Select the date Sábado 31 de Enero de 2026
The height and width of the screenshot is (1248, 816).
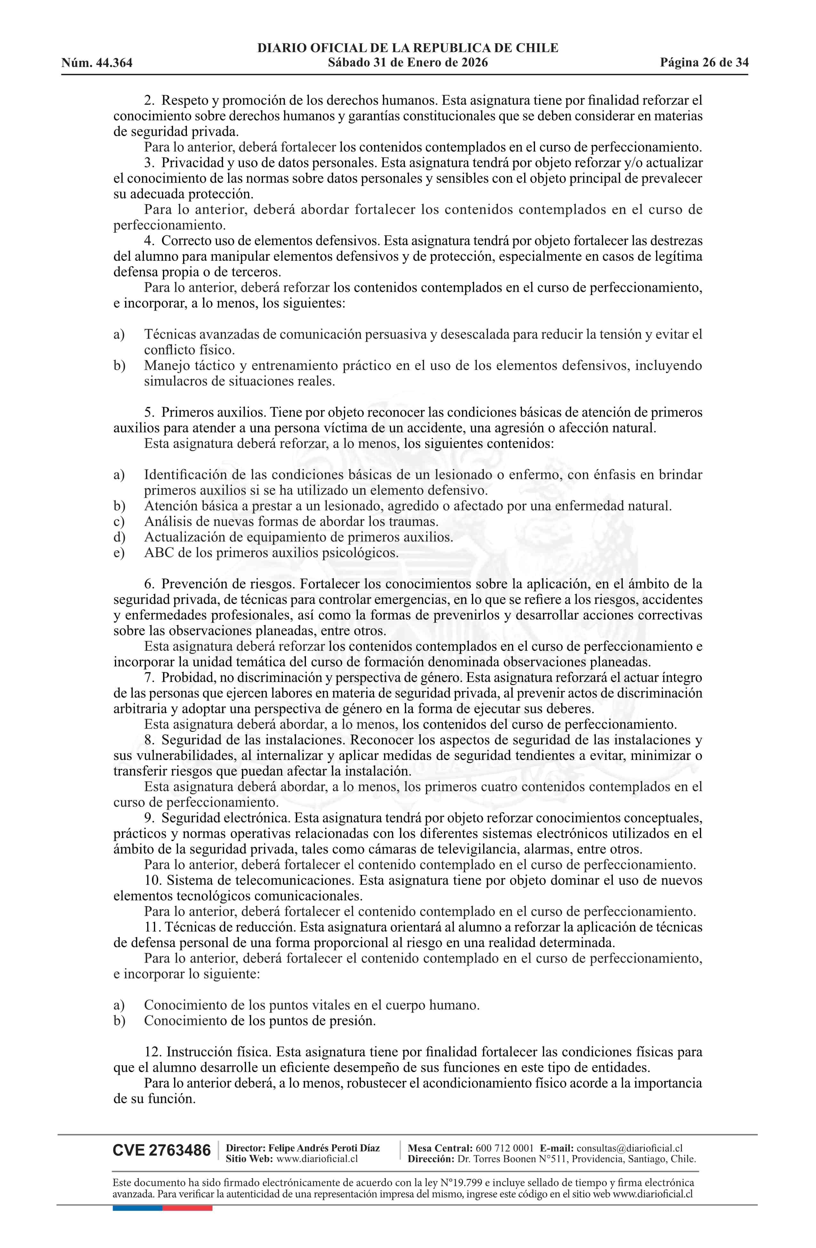point(407,63)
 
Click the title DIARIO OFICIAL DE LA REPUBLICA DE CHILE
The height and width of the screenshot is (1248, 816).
point(407,48)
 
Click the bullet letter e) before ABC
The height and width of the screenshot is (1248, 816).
point(119,553)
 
